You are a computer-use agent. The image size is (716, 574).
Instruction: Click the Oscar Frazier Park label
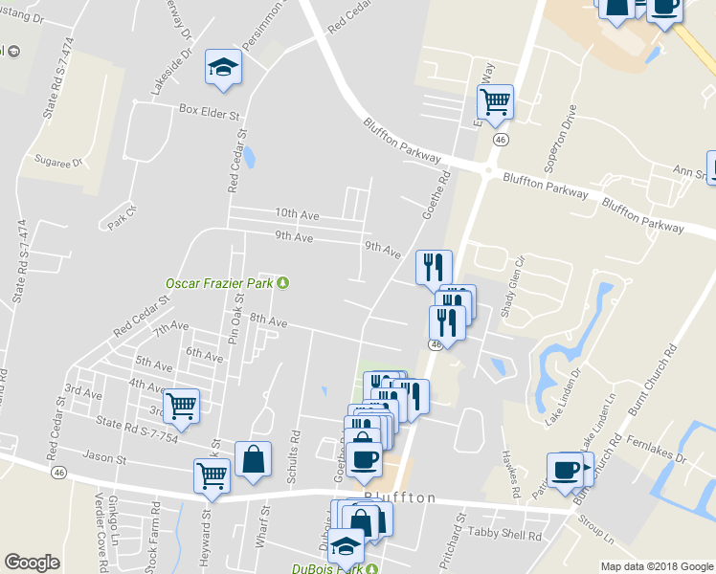coord(219,283)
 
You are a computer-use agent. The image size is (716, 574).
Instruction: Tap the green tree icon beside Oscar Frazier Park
coord(282,283)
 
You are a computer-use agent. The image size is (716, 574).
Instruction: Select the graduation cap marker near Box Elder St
coord(223,69)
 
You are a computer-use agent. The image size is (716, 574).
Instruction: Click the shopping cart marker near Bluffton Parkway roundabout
coord(496,101)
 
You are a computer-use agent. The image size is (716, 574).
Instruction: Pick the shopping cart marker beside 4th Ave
coord(181,405)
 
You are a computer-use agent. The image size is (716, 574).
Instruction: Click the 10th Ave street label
coord(297,213)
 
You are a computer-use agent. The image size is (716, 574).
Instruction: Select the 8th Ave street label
coord(268,322)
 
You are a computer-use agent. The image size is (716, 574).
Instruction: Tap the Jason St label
coord(105,459)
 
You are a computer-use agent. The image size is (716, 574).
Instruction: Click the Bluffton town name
coord(400,498)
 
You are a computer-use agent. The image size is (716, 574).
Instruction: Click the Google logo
coord(32,563)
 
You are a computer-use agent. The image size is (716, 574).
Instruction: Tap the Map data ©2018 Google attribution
coord(657,566)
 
